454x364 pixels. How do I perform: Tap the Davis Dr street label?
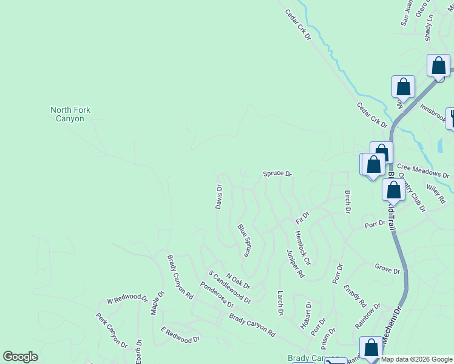pyautogui.click(x=219, y=197)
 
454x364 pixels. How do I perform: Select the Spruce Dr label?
pyautogui.click(x=277, y=174)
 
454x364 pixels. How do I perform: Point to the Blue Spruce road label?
pyautogui.click(x=245, y=241)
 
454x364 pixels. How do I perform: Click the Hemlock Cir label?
pyautogui.click(x=302, y=248)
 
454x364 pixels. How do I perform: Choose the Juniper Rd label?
pyautogui.click(x=294, y=263)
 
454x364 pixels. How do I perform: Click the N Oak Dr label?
pyautogui.click(x=237, y=281)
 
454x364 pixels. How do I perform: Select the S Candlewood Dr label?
pyautogui.click(x=229, y=287)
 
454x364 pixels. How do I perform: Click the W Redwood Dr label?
pyautogui.click(x=127, y=299)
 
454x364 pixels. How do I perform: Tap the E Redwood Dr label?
pyautogui.click(x=180, y=335)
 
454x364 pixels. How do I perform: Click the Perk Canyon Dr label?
pyautogui.click(x=111, y=331)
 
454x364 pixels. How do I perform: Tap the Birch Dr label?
pyautogui.click(x=348, y=202)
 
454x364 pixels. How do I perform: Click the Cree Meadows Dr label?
pyautogui.click(x=419, y=167)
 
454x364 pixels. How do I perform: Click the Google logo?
pyautogui.click(x=20, y=357)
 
